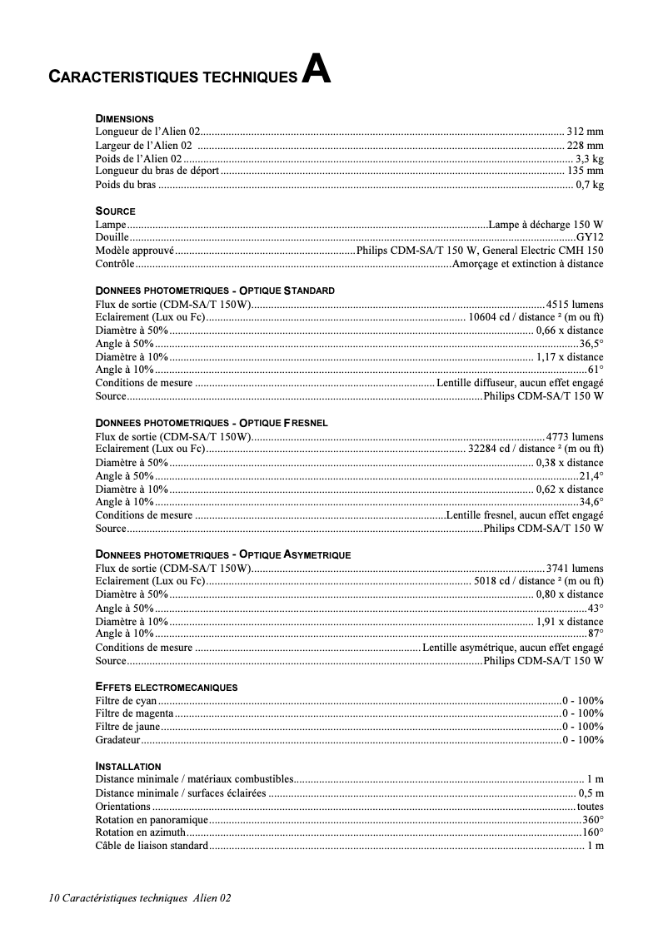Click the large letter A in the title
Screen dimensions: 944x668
(x=316, y=70)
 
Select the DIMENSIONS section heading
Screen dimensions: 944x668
(x=124, y=119)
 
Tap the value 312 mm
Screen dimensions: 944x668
(x=585, y=132)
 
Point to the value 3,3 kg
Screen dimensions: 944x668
(x=589, y=158)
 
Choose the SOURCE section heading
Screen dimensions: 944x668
(x=115, y=211)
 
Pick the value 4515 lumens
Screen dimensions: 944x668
(x=575, y=304)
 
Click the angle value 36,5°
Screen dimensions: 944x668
(x=591, y=343)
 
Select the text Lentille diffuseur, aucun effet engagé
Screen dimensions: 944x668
(x=520, y=383)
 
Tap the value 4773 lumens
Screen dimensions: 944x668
(x=575, y=436)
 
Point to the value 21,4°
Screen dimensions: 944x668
(x=591, y=476)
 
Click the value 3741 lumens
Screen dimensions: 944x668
(x=575, y=569)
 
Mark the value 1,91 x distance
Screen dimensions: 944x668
(x=570, y=621)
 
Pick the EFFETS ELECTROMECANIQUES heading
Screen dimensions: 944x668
(x=167, y=688)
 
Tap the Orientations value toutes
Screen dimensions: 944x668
(x=590, y=806)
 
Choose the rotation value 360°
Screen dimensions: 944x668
(x=593, y=819)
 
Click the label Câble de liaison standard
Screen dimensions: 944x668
(x=152, y=846)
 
